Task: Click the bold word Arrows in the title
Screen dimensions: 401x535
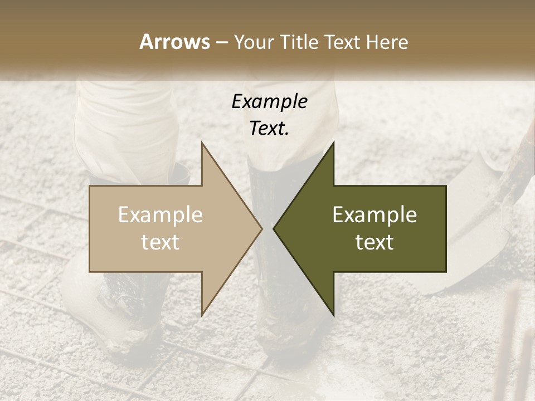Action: pos(174,42)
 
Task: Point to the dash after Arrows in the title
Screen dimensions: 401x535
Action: pos(221,42)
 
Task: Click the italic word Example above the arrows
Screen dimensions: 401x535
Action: pos(269,102)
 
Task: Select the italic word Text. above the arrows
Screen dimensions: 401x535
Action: pos(269,129)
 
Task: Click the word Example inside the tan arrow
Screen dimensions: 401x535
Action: pos(160,215)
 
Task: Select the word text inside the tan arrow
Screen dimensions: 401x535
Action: pos(160,242)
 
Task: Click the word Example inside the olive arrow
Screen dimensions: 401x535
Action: pos(374,215)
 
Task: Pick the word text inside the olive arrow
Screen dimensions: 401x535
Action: pos(374,242)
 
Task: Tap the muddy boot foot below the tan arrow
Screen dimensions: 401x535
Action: pos(111,312)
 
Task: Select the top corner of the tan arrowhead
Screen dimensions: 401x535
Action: pos(202,144)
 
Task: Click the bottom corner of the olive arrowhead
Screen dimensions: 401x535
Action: pos(333,314)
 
